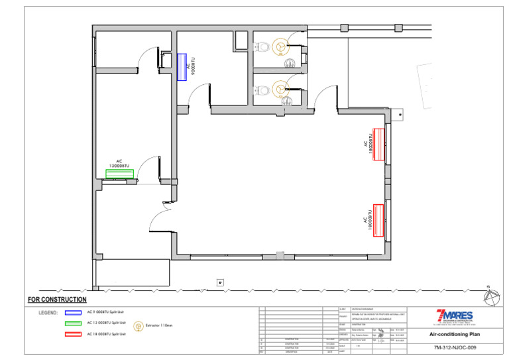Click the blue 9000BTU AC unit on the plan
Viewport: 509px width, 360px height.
182,66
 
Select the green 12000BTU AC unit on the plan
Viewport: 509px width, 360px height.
119,174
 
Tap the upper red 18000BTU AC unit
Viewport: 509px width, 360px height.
379,144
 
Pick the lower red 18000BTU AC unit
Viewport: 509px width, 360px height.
379,219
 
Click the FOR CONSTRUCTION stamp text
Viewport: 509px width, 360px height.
57,300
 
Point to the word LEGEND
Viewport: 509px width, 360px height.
48,312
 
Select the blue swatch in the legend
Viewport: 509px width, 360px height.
73,312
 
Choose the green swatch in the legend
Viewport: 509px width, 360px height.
73,323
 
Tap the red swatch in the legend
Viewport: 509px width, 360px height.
73,333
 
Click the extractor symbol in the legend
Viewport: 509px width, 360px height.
139,326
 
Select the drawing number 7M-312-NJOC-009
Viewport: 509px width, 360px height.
454,347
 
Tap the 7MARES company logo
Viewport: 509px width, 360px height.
454,316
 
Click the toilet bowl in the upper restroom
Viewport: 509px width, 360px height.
262,46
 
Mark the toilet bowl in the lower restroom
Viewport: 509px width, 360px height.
262,88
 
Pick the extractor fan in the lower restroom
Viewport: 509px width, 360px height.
281,88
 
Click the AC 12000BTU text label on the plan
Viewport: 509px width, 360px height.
119,164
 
